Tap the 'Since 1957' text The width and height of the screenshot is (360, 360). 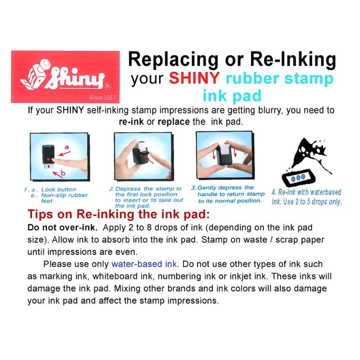[x=102, y=97]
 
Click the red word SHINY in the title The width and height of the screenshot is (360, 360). [x=194, y=78]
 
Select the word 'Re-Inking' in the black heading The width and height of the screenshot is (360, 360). [x=293, y=59]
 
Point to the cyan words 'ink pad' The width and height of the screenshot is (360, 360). [x=232, y=96]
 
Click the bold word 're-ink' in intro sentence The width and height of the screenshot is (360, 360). [x=131, y=121]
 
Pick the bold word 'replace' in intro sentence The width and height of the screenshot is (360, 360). [x=174, y=121]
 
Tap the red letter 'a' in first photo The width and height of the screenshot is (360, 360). [x=67, y=147]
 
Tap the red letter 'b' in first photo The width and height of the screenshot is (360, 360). [x=63, y=173]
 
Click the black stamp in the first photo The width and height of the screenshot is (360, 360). [x=48, y=155]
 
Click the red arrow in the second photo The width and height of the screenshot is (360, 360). [x=150, y=160]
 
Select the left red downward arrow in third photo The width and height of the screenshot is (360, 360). [x=214, y=153]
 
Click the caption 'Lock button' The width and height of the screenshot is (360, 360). [x=58, y=189]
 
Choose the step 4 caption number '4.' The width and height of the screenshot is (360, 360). [x=274, y=192]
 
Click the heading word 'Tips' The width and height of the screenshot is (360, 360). [x=40, y=215]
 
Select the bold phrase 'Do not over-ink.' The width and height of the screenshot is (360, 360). [x=63, y=228]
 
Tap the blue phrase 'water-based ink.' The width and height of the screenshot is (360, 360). [x=145, y=264]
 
